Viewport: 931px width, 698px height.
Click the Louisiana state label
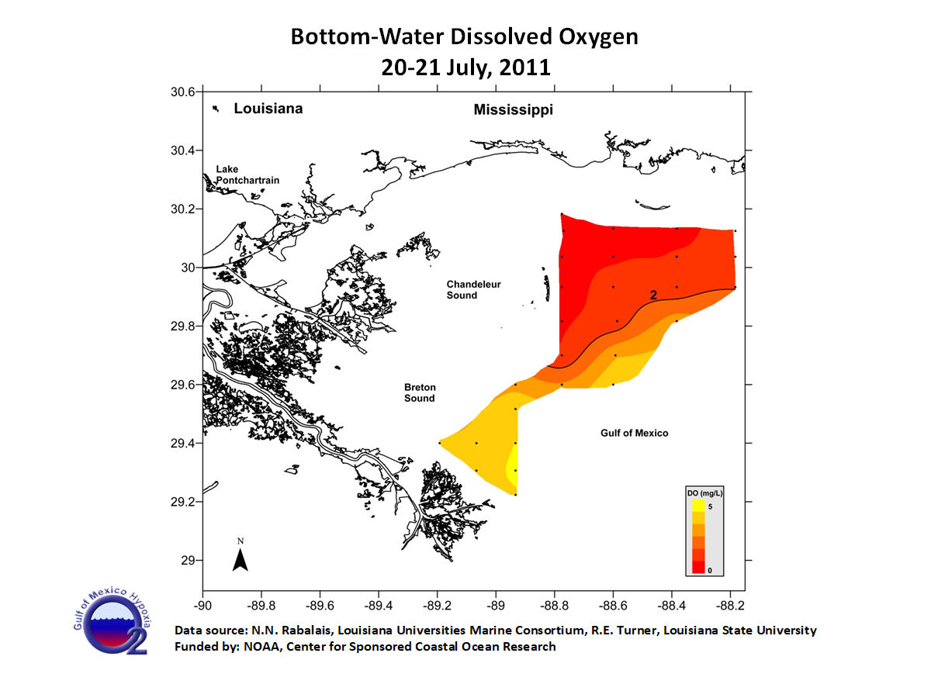(268, 109)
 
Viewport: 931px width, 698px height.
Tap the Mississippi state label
(513, 110)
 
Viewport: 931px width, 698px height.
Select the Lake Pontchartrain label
(247, 174)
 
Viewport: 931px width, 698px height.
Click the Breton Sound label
(419, 392)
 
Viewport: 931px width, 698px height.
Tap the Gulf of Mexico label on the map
(634, 433)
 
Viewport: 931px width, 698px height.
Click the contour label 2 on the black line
(653, 295)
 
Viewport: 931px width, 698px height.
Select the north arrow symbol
(241, 556)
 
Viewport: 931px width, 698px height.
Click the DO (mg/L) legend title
(704, 492)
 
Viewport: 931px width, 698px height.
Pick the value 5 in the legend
(710, 506)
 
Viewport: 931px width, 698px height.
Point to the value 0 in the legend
(710, 570)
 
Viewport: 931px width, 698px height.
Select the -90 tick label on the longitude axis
(202, 603)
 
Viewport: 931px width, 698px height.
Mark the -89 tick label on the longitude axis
(497, 603)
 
